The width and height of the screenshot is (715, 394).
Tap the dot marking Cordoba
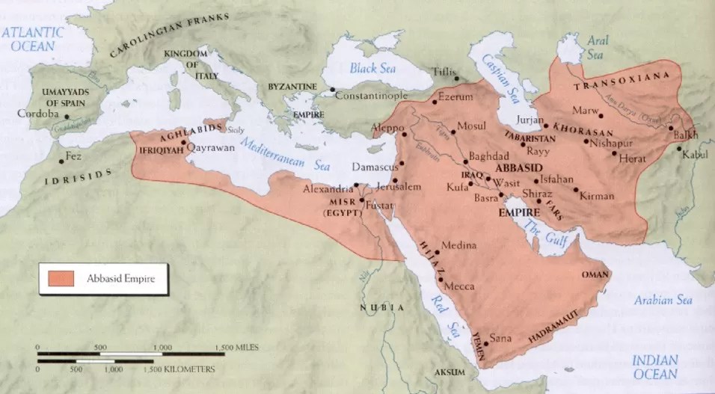67,117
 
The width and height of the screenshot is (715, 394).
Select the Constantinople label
372,96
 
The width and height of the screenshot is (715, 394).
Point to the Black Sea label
372,68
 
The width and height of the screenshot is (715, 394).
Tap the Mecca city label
458,286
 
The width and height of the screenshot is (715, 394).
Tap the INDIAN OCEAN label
655,367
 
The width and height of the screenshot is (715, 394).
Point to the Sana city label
500,339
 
